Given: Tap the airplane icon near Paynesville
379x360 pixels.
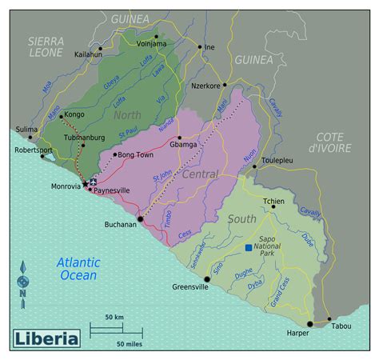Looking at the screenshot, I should point(94,181).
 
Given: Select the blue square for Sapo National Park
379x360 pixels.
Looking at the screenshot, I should point(249,248).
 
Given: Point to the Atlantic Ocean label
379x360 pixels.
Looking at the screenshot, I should point(78,269).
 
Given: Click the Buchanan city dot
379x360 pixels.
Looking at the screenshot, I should point(140,218).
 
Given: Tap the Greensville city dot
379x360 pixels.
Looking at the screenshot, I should point(207,280).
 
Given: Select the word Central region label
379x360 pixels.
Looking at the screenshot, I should point(200,174).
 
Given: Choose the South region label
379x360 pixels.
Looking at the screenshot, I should point(241,218).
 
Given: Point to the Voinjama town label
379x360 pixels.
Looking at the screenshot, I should point(151,44).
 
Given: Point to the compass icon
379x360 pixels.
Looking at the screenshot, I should point(23,282).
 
